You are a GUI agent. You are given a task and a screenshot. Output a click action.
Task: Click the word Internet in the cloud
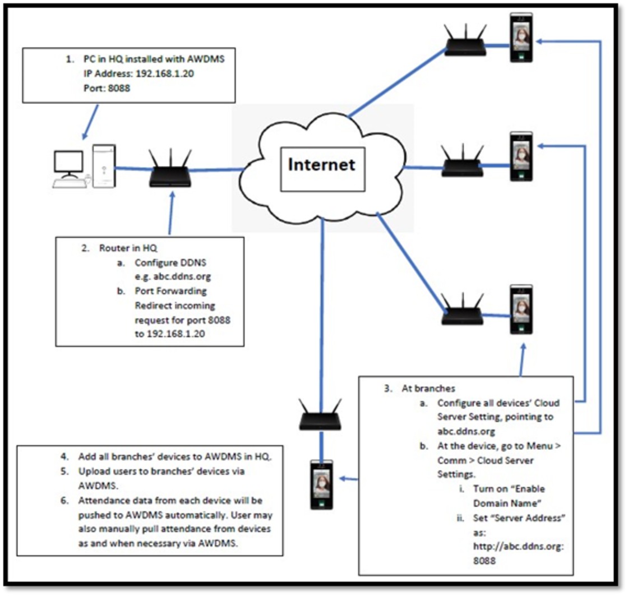point(321,164)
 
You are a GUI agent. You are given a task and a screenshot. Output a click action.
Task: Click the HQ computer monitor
point(68,163)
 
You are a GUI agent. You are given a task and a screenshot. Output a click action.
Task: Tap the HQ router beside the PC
point(170,173)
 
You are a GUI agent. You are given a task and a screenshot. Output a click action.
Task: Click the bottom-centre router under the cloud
point(320,418)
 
